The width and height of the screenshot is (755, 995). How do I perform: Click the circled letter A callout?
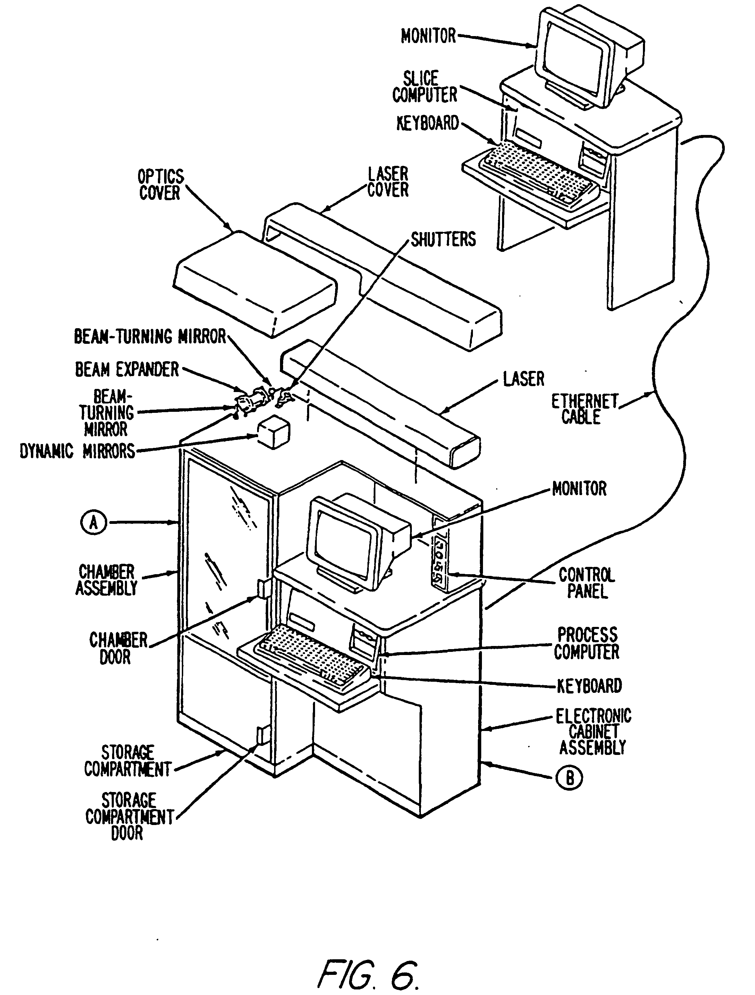click(94, 523)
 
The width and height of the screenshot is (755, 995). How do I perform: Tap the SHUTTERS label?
click(443, 239)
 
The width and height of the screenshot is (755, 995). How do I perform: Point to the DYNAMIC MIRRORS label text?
click(77, 451)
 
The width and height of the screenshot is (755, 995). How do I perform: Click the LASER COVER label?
click(388, 182)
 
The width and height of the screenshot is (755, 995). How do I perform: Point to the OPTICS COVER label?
click(160, 185)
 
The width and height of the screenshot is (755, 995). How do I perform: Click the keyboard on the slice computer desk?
click(538, 173)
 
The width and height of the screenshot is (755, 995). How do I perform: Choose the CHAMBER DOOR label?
click(118, 648)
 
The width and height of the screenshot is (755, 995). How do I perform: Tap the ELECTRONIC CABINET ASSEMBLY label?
click(593, 732)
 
